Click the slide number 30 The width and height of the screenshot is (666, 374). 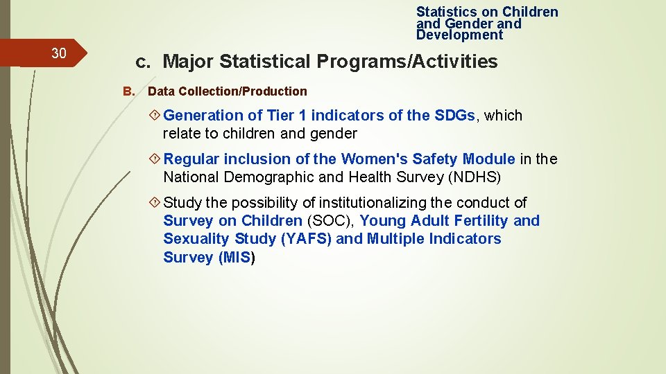[59, 53]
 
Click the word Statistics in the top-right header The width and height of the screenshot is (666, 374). [447, 12]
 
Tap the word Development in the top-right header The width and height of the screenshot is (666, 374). [459, 35]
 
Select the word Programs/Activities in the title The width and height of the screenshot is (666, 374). [407, 62]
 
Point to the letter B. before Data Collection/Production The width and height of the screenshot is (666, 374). [128, 91]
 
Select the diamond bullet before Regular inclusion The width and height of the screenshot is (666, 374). [155, 159]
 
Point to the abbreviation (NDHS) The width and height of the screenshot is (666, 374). [475, 177]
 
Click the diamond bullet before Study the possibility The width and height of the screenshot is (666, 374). [155, 202]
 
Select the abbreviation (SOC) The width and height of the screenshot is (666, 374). [330, 221]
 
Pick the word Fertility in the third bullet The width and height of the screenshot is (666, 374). [476, 221]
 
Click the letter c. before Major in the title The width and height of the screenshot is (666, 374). [143, 62]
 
